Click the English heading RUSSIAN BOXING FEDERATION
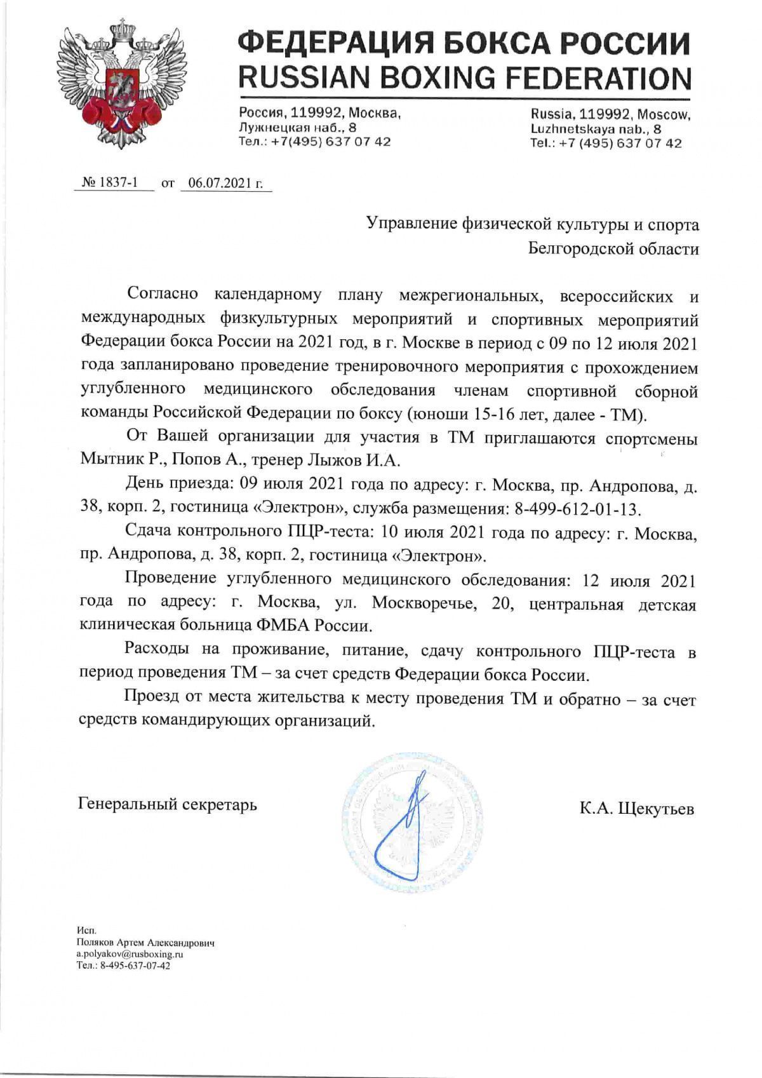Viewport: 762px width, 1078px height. pyautogui.click(x=464, y=78)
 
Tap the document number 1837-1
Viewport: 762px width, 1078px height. pyautogui.click(x=119, y=184)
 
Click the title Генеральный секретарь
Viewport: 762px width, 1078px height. pyautogui.click(x=168, y=804)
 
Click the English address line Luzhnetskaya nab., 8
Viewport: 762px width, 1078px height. pyautogui.click(x=596, y=129)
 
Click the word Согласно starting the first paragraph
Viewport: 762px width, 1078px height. pyautogui.click(x=163, y=294)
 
